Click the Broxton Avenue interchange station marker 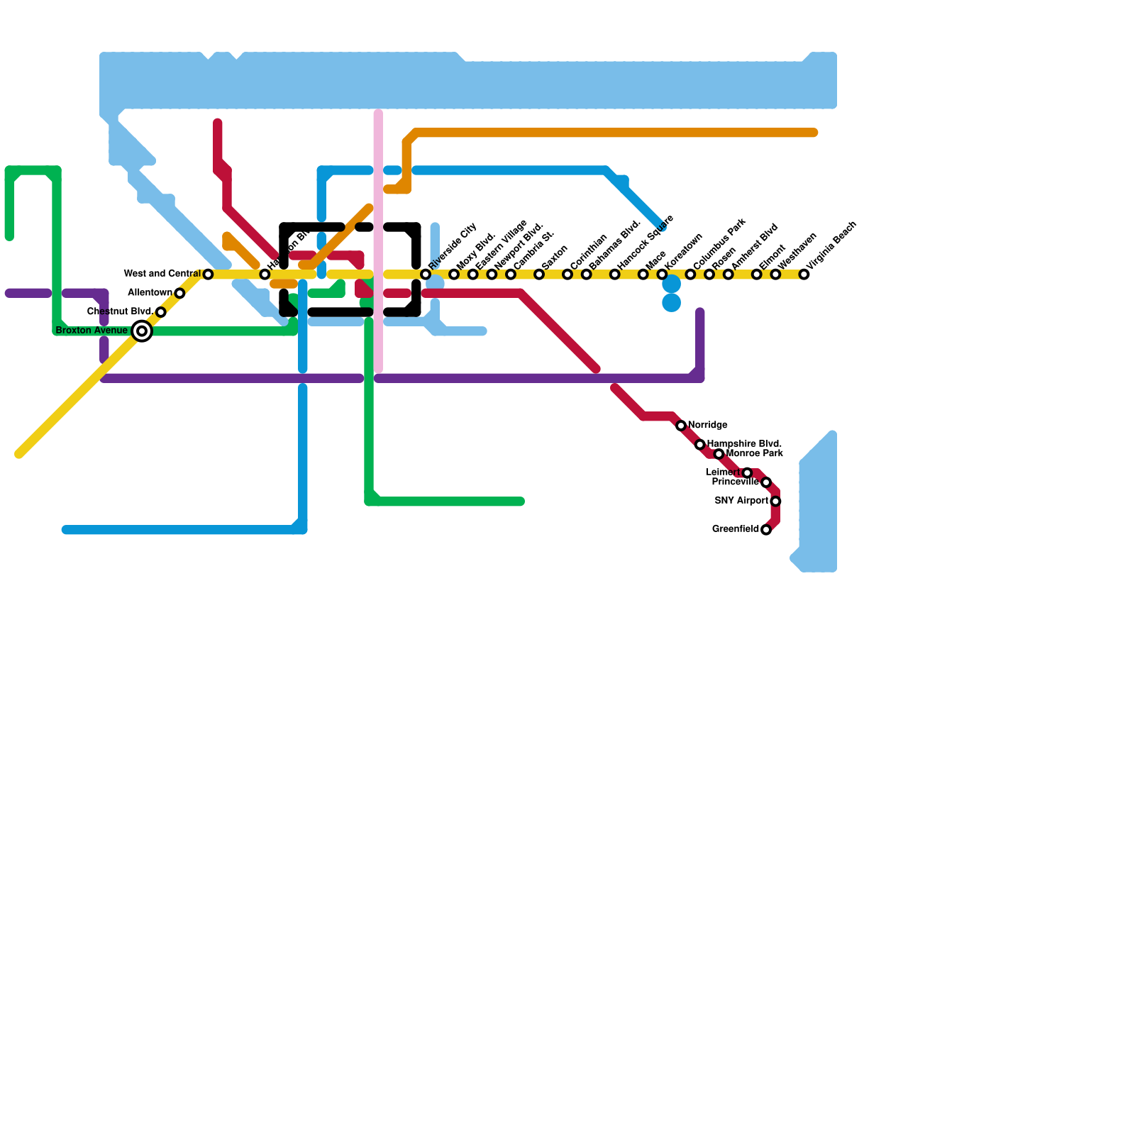tap(142, 331)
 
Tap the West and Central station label tap(162, 274)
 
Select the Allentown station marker tap(179, 293)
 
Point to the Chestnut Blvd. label tap(119, 311)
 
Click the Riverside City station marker tap(426, 275)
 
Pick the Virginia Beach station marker tap(804, 275)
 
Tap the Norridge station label tap(707, 425)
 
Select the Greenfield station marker tap(766, 530)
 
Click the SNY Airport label tap(741, 501)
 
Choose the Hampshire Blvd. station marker tap(700, 445)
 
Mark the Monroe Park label tap(755, 453)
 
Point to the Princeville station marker tap(766, 482)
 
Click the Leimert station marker tap(747, 472)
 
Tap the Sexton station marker tap(539, 275)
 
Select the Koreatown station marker tap(662, 275)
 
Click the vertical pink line tap(379, 241)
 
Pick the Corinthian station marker tap(567, 275)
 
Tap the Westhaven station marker tap(775, 275)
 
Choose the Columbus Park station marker tap(690, 275)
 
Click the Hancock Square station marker tap(615, 275)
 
